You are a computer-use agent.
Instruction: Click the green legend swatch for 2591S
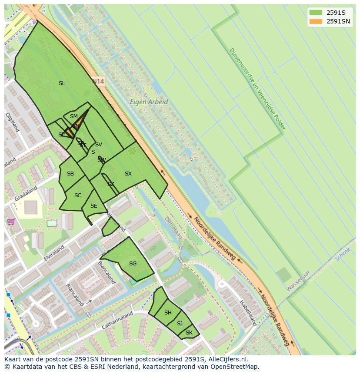pos(316,13)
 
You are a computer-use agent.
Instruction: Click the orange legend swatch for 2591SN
pos(316,21)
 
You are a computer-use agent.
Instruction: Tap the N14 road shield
pos(99,81)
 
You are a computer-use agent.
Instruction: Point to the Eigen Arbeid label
pos(149,102)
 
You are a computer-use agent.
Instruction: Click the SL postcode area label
pos(62,83)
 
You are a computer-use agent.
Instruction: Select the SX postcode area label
pos(128,174)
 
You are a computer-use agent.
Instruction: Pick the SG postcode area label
pos(133,264)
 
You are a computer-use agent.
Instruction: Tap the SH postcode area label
pos(168,313)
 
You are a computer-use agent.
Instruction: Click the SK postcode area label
pos(189,333)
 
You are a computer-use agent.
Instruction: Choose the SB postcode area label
pos(70,174)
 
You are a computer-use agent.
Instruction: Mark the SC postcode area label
pos(78,195)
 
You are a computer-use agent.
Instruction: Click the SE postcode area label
pos(94,206)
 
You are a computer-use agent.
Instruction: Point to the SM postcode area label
pos(74,116)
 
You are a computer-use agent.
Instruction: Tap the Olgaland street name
pos(12,122)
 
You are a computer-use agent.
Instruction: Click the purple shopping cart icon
pos(11,222)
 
